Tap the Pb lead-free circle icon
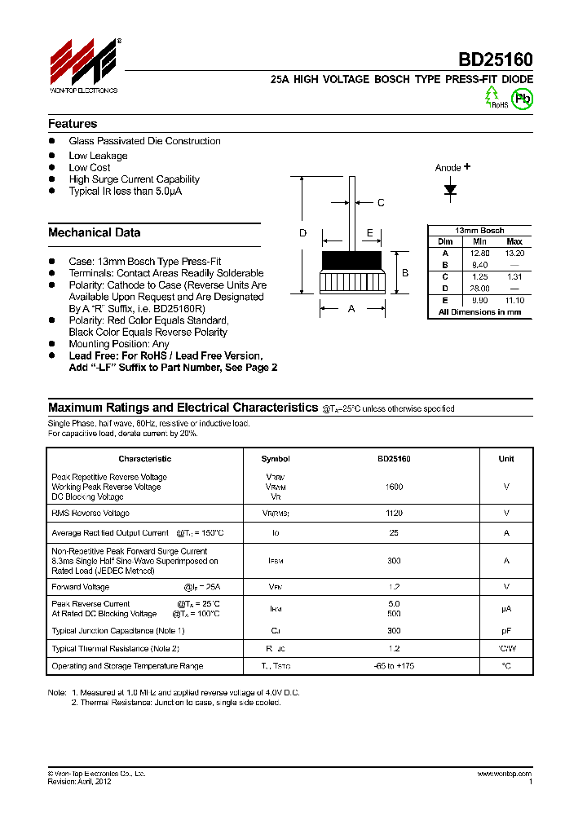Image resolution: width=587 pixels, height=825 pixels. coord(523,99)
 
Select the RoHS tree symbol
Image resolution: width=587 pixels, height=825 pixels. coord(492,96)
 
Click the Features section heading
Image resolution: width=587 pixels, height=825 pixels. coord(73,124)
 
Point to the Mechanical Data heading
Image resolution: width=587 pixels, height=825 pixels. coord(94,232)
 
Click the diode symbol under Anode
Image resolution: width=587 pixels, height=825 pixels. coord(450,189)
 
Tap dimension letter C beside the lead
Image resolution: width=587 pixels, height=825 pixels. coord(381,203)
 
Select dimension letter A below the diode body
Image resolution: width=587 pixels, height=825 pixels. coord(351,309)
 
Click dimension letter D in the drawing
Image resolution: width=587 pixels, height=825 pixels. coord(302,233)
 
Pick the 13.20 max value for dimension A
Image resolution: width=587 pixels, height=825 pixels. coord(514,254)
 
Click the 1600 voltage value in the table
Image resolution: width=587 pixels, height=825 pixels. coord(394,487)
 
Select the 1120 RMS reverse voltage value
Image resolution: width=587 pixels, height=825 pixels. coord(394,514)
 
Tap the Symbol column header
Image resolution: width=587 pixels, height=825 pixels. coord(276,459)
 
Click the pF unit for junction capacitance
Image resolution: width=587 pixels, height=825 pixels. coord(506,631)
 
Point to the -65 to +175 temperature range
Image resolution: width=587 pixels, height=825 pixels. coord(394,666)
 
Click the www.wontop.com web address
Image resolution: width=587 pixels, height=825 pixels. coord(504,773)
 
